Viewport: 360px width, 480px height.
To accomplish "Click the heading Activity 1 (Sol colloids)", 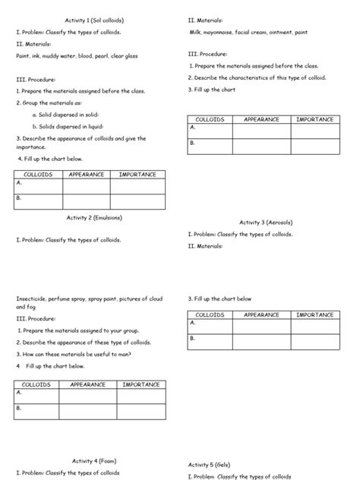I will [x=90, y=21].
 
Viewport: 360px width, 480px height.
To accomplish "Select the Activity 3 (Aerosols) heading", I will [x=266, y=222].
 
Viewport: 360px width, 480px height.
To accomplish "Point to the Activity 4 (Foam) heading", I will [x=94, y=460].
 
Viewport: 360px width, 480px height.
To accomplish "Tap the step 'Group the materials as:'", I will [x=49, y=103].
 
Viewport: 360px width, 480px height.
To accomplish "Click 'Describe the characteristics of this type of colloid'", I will [x=257, y=77].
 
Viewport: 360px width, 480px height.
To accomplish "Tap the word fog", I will [x=31, y=307].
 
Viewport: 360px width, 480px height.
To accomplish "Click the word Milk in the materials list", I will [x=198, y=33].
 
